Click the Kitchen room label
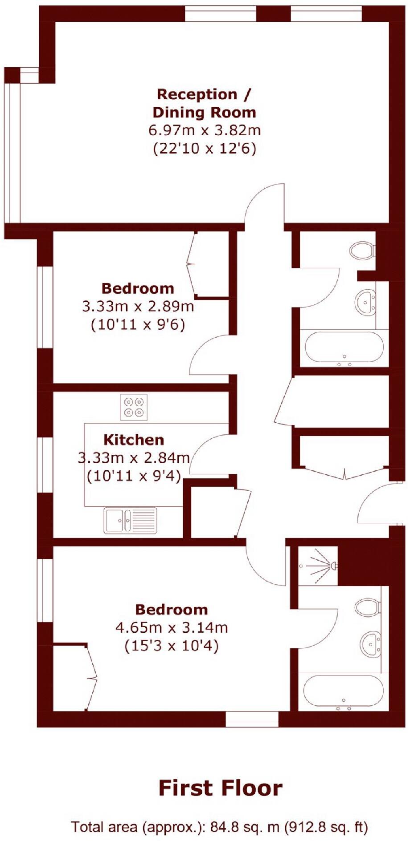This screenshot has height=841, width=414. tap(134, 440)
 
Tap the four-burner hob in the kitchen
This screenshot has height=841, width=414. tap(134, 407)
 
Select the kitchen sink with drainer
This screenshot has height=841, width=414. tap(130, 520)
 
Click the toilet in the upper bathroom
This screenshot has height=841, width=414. tap(361, 251)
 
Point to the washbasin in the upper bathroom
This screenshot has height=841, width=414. tap(366, 302)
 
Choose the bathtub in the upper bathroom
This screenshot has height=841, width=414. tap(344, 348)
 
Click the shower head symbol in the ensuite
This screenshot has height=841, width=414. tap(332, 566)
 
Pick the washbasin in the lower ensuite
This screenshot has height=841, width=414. tap(370, 644)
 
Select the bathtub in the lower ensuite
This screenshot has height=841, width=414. tap(343, 693)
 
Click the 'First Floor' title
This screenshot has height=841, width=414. tap(220, 788)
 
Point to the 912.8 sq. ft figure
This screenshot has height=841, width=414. tap(325, 827)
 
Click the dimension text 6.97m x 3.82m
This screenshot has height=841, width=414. tap(204, 130)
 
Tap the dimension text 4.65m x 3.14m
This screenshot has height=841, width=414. tap(172, 627)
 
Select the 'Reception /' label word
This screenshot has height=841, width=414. tap(204, 94)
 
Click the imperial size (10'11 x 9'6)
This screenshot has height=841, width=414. tap(138, 325)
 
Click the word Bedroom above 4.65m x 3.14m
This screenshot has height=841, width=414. tap(172, 609)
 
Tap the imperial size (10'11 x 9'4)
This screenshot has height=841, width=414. tap(134, 476)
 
